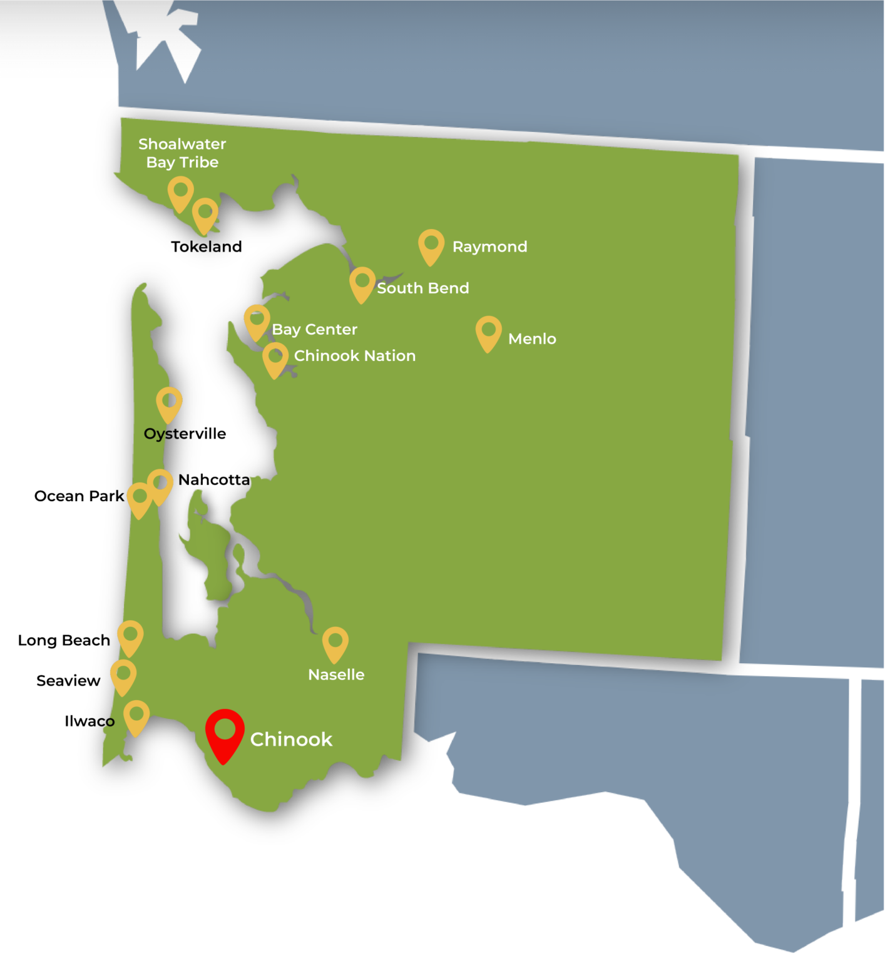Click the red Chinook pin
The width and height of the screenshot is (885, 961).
tap(225, 733)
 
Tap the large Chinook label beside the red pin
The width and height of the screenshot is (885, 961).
tap(291, 740)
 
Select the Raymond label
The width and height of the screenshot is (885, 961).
tap(489, 247)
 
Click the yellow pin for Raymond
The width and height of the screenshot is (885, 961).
tap(431, 245)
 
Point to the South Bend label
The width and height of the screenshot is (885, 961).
tap(422, 288)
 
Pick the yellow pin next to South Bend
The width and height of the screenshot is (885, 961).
tap(362, 283)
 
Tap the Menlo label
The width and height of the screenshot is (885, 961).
tap(532, 338)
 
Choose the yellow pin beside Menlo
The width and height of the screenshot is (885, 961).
tap(489, 332)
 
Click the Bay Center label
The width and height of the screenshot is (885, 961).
tap(314, 329)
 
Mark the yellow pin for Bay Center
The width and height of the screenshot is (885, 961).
tap(257, 320)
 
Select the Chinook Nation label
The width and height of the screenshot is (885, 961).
tap(355, 355)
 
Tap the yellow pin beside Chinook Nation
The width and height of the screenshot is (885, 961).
tap(275, 358)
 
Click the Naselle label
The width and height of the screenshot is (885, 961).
tap(336, 674)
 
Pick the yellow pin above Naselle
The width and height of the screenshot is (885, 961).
tap(335, 643)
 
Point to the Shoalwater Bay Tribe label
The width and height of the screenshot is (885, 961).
tap(182, 153)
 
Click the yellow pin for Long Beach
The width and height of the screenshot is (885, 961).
tap(130, 636)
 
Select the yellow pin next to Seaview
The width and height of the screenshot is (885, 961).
tap(123, 675)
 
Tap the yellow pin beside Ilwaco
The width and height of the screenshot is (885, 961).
tap(136, 716)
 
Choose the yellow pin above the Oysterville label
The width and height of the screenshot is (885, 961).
tap(169, 402)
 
